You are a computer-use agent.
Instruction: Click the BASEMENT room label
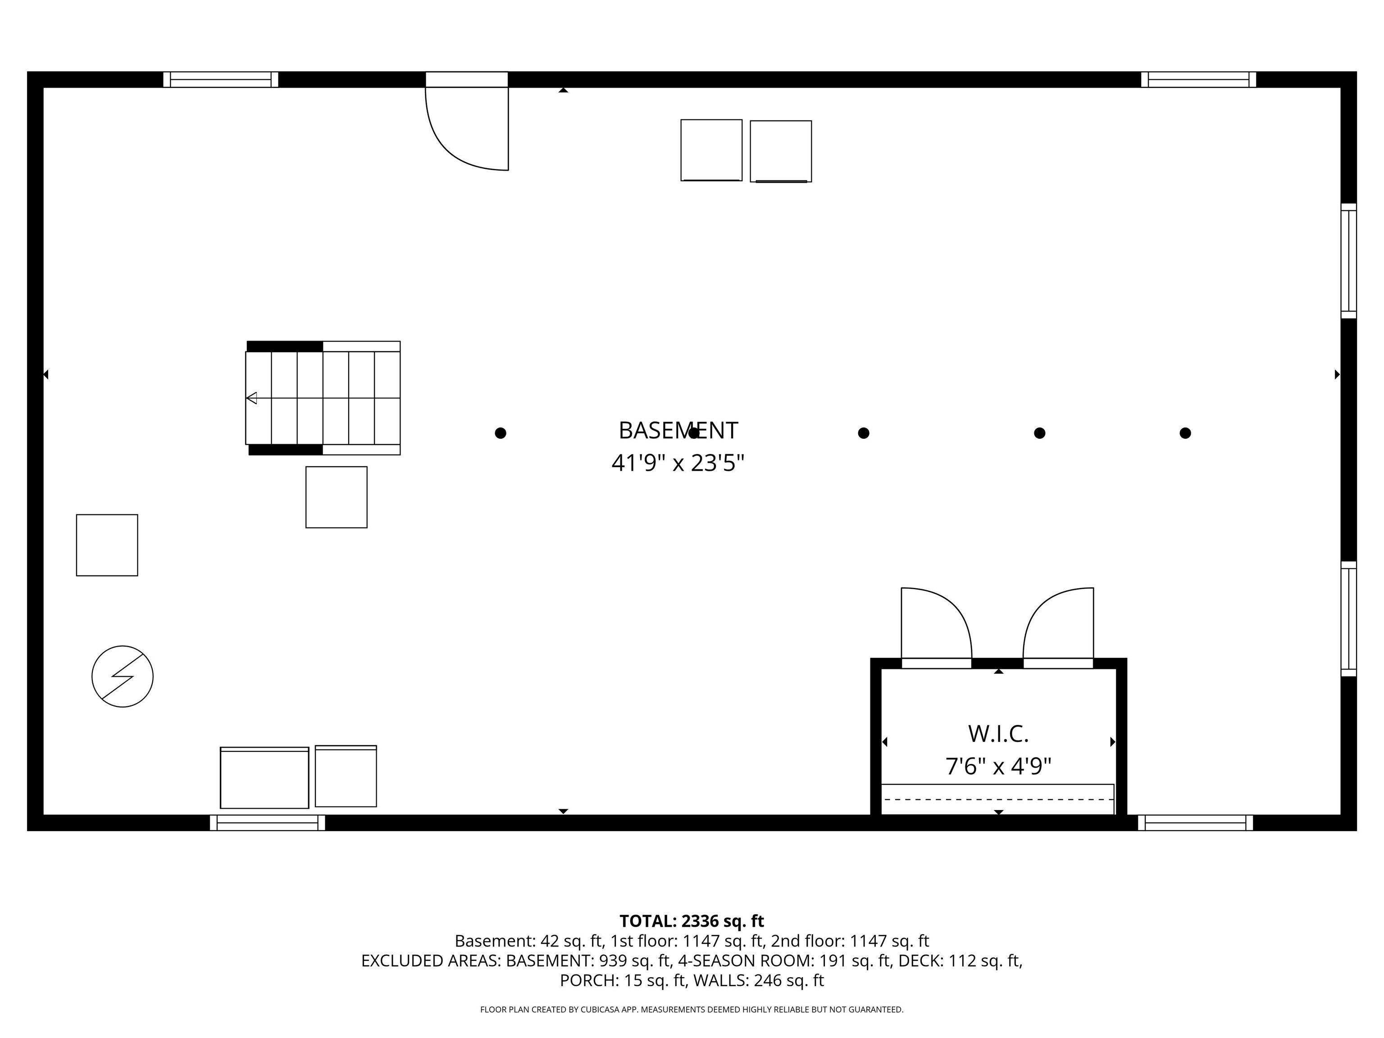678,430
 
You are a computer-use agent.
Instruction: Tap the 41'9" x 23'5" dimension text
678,464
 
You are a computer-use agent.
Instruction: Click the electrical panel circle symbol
123,676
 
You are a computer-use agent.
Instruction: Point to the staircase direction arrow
251,398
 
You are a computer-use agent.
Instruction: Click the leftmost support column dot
501,433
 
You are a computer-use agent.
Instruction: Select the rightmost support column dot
1185,433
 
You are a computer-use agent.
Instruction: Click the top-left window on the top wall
221,79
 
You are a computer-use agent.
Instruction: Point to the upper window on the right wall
1348,261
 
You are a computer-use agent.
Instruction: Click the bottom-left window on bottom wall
267,823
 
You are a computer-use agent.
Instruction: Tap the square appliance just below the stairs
336,497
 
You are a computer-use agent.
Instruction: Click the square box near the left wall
107,545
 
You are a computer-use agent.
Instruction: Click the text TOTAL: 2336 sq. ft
692,921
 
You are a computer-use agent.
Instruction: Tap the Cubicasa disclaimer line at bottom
692,1009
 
